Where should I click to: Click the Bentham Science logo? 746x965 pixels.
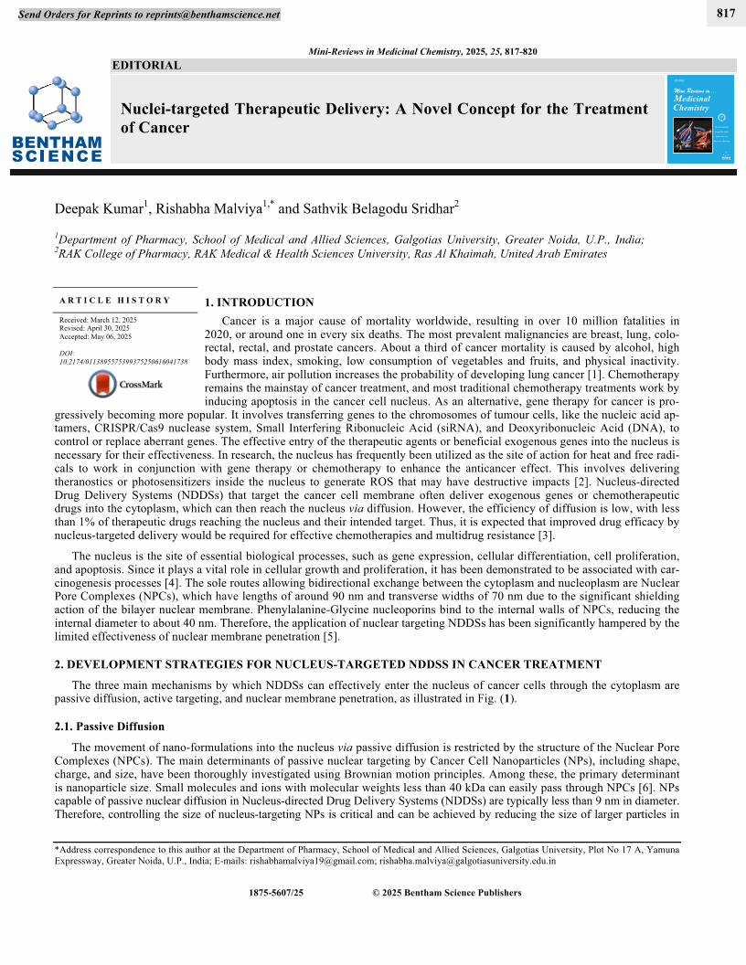pos(57,119)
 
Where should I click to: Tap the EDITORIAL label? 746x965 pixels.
pos(146,65)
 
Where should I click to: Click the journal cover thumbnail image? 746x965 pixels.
pos(700,119)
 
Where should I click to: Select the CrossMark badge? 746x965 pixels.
pos(126,385)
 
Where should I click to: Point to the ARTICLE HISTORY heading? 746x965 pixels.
pos(115,300)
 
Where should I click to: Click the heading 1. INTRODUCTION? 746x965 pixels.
pos(259,302)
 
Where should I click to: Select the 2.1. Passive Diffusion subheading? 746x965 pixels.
pos(110,726)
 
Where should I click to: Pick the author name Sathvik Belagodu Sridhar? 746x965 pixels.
pos(378,209)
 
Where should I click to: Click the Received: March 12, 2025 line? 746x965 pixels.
pos(98,320)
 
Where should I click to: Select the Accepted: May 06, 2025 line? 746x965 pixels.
pos(95,336)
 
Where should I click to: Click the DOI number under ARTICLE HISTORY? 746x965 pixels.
pos(123,362)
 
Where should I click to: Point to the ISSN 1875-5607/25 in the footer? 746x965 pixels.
pos(276,893)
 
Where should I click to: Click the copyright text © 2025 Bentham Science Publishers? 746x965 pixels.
pos(447,893)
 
